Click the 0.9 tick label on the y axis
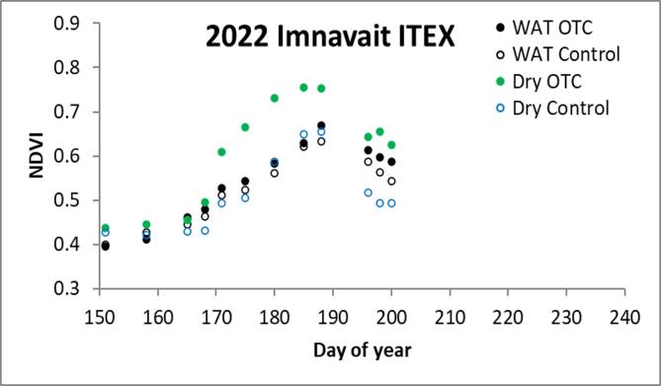(67, 23)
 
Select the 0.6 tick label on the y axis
(67, 156)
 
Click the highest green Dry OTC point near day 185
(303, 88)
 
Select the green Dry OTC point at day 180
(275, 98)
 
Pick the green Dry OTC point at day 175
(245, 127)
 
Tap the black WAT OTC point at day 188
(321, 125)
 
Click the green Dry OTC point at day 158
(146, 225)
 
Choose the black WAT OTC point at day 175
(245, 182)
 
